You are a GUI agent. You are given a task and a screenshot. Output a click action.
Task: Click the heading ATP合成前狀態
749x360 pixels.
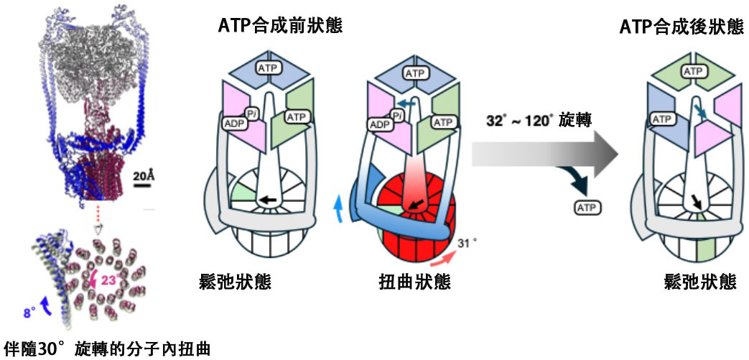click(280, 27)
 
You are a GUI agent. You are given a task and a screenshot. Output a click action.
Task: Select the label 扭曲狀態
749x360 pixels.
click(416, 282)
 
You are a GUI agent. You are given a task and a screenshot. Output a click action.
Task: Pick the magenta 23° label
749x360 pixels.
click(112, 282)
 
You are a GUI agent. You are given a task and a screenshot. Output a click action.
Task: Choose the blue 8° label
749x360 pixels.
click(30, 313)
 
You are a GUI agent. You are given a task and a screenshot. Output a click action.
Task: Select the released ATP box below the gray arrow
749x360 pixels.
click(587, 208)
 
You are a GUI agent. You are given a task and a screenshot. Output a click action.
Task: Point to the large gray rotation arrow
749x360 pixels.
click(546, 153)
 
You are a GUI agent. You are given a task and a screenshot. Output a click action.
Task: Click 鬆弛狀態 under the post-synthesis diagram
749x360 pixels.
click(700, 282)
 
